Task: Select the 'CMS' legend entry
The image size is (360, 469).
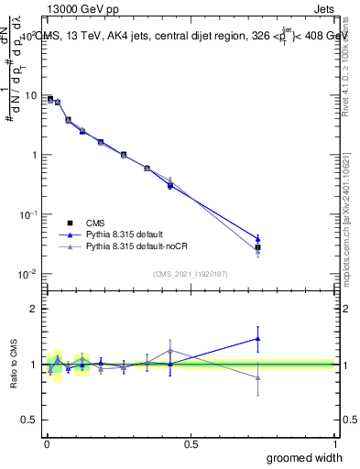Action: tap(95, 223)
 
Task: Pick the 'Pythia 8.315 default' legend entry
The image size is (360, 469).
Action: tap(126, 235)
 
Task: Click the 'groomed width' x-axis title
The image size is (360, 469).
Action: tap(299, 457)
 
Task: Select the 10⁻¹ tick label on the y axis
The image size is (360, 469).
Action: tap(28, 213)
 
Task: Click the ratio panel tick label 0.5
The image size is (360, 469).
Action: tap(30, 420)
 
